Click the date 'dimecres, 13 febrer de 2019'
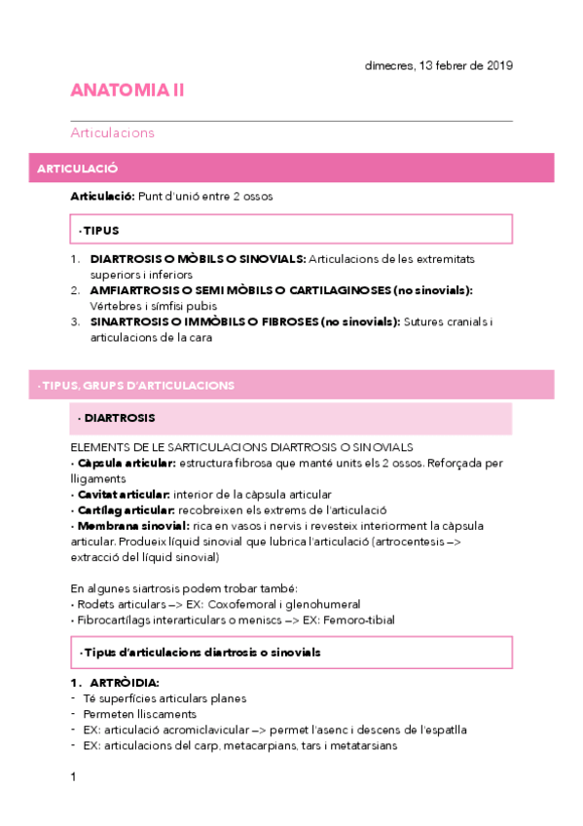[438, 65]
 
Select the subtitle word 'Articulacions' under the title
[112, 132]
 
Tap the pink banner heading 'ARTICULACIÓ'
[77, 169]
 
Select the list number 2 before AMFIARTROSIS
[75, 290]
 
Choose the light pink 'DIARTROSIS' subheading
[119, 418]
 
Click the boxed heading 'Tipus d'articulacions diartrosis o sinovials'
[200, 652]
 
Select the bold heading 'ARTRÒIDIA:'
[124, 683]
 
